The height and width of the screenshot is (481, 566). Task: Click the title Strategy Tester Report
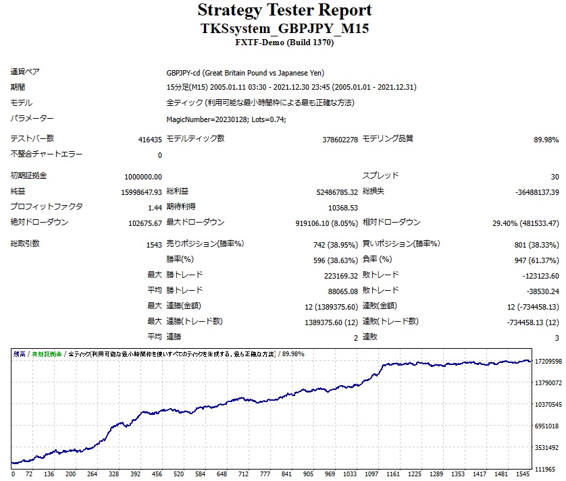[284, 11]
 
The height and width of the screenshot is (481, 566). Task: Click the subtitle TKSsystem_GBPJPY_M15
[284, 29]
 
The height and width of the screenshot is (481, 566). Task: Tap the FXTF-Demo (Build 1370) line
[284, 43]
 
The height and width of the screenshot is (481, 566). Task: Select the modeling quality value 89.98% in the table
[546, 140]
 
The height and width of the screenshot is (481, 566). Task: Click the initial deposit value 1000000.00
[143, 177]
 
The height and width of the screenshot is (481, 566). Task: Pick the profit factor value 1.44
[155, 208]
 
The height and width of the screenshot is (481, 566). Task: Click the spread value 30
[555, 177]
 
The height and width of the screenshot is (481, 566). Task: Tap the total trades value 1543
[153, 244]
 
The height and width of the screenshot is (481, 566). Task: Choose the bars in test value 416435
[149, 140]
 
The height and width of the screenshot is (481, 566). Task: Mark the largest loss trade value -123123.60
[535, 275]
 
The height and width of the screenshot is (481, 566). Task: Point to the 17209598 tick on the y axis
[548, 362]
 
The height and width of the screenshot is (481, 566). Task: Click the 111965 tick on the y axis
[545, 469]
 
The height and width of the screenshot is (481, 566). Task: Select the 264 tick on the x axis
[92, 474]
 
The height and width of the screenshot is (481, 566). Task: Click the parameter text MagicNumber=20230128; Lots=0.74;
[226, 119]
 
